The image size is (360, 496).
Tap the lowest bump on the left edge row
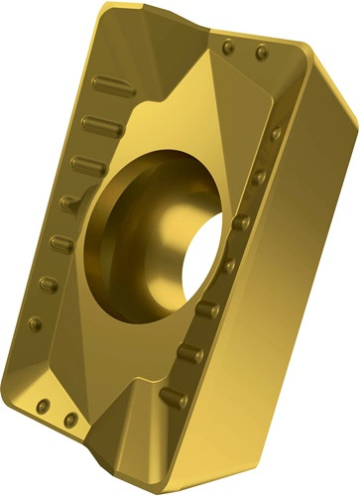pos(36,322)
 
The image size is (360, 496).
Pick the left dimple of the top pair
pos(229,45)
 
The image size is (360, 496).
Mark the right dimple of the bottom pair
pos(68,419)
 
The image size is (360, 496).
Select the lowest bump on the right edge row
pos(175,397)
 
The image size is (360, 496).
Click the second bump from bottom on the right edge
pos(190,352)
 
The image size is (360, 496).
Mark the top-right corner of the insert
pos(337,60)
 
